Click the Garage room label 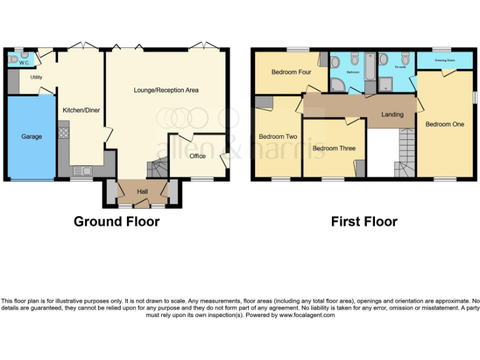[x=32, y=136]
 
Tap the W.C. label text [x=24, y=62]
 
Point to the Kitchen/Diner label [x=81, y=110]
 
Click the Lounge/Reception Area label [x=166, y=90]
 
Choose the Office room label [x=197, y=156]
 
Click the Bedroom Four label [x=291, y=72]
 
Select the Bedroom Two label [x=277, y=136]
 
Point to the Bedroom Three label [x=334, y=148]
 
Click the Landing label [x=392, y=114]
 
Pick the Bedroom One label [x=445, y=124]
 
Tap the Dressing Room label [x=444, y=61]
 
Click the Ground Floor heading [x=116, y=221]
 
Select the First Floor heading [x=364, y=221]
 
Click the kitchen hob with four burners [x=63, y=132]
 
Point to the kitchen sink [x=82, y=170]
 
